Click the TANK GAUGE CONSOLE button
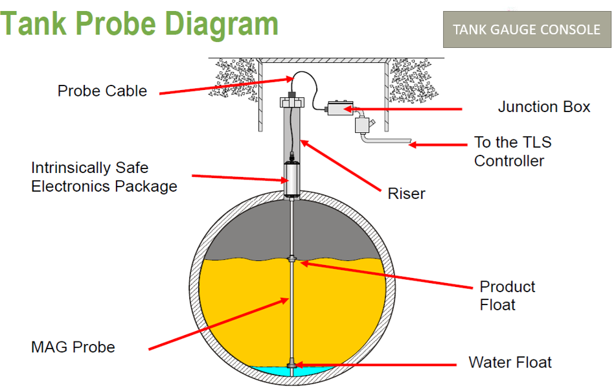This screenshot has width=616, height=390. click(526, 30)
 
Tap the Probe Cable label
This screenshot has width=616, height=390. click(102, 91)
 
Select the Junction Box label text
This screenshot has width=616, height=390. click(543, 107)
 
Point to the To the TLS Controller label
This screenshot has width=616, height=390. click(512, 151)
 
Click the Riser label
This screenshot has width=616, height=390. click(406, 193)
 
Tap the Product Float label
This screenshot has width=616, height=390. click(507, 295)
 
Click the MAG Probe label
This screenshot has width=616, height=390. click(73, 347)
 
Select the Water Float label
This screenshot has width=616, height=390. click(510, 362)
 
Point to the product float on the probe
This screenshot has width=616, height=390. click(293, 261)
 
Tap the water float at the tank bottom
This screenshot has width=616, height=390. click(293, 367)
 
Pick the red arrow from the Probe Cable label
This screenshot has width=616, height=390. click(223, 86)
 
